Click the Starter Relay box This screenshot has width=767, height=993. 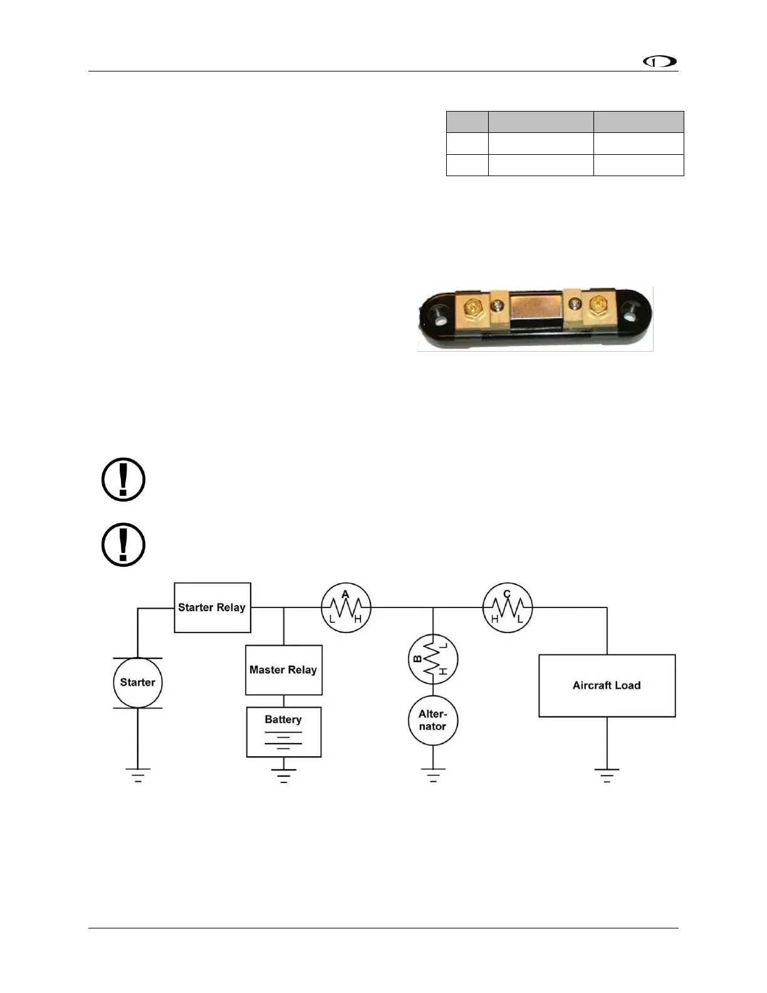(212, 607)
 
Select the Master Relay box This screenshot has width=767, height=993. (283, 670)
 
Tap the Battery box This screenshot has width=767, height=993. (283, 732)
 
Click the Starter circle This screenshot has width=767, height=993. (138, 683)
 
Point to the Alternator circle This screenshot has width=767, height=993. (433, 720)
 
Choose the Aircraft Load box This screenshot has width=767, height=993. (607, 685)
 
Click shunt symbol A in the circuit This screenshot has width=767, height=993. (346, 607)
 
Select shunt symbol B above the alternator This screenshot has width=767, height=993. (433, 659)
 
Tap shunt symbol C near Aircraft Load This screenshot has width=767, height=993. (507, 607)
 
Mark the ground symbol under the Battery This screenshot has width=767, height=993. (283, 775)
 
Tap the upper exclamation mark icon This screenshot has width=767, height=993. (123, 480)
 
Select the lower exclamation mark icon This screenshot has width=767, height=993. (123, 545)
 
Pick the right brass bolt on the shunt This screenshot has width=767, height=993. (597, 307)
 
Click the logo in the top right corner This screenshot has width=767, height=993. (660, 62)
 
